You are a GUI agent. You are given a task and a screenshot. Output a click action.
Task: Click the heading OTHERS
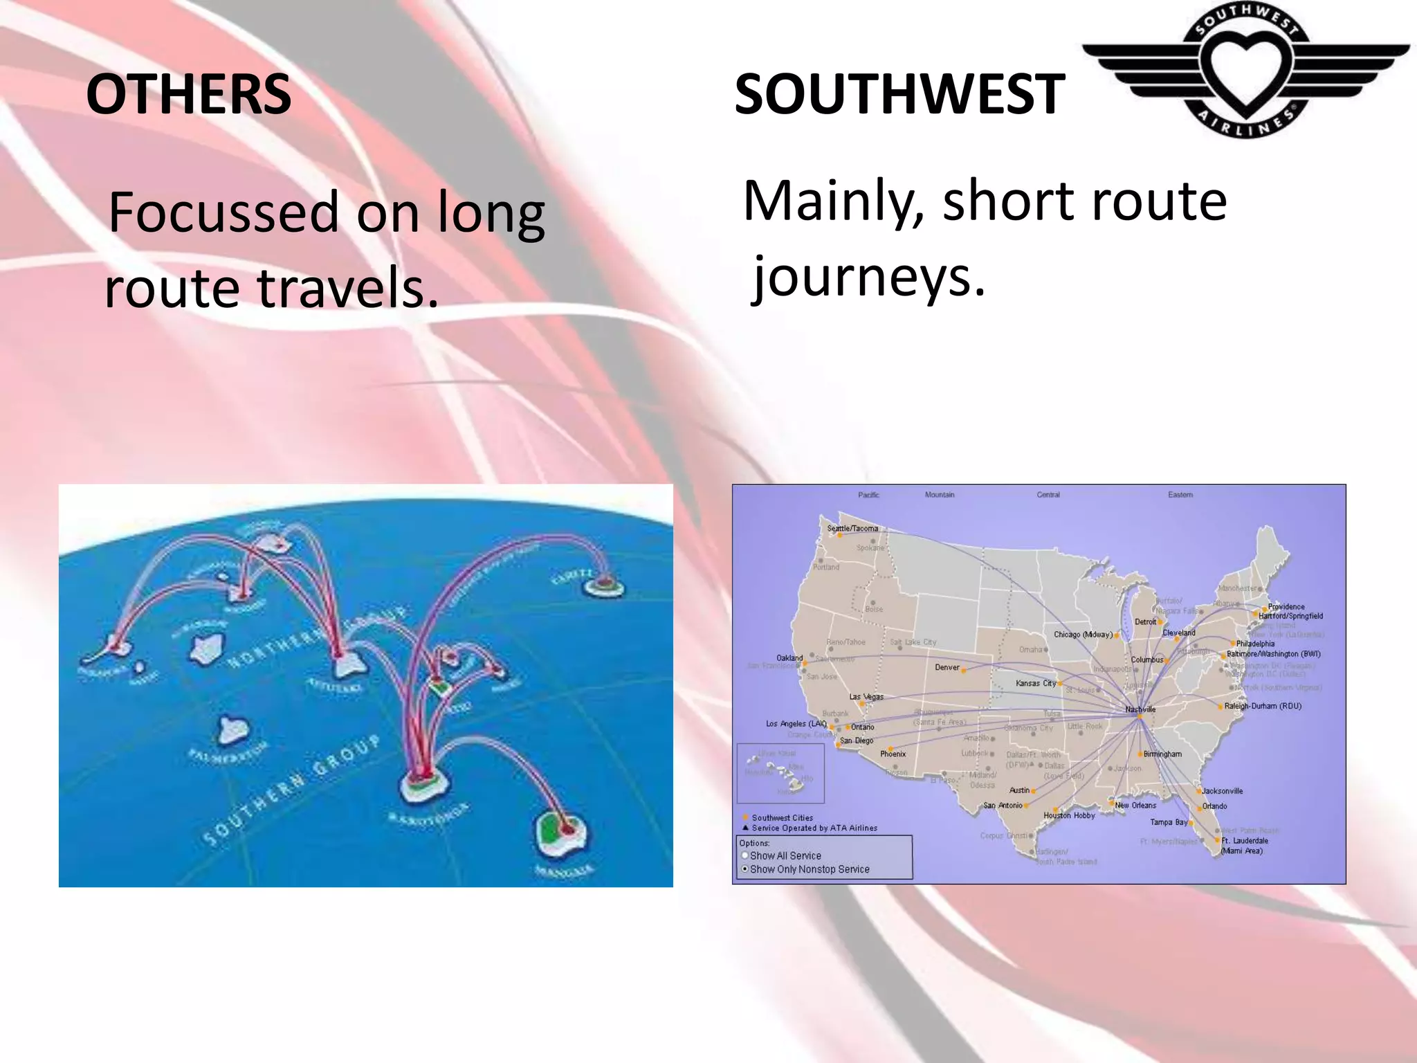click(x=188, y=95)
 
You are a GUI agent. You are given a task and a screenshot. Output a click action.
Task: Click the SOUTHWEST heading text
click(x=899, y=95)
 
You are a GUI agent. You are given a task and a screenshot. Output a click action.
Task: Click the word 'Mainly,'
click(x=832, y=201)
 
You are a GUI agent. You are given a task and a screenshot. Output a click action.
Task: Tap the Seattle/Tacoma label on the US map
click(x=852, y=528)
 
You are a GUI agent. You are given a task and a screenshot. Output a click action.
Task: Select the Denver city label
click(x=947, y=667)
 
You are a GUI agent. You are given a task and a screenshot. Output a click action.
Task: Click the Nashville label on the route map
click(x=1140, y=709)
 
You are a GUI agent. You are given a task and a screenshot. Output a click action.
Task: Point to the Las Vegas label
click(x=866, y=697)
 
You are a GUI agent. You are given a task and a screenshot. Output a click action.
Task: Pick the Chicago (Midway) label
click(x=1083, y=635)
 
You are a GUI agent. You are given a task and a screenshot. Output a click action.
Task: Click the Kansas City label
click(x=1036, y=683)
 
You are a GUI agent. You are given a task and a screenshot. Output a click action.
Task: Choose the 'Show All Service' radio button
click(x=745, y=855)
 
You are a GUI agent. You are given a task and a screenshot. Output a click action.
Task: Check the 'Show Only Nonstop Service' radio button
click(x=745, y=869)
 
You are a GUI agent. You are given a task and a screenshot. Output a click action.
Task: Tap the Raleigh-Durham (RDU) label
click(x=1263, y=706)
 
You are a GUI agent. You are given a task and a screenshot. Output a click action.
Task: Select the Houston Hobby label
click(x=1069, y=815)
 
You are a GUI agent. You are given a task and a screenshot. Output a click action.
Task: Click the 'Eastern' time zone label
click(x=1180, y=495)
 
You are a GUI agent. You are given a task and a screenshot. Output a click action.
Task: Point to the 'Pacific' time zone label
click(x=868, y=495)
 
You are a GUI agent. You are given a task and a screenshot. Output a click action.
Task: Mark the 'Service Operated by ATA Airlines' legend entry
click(x=814, y=828)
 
